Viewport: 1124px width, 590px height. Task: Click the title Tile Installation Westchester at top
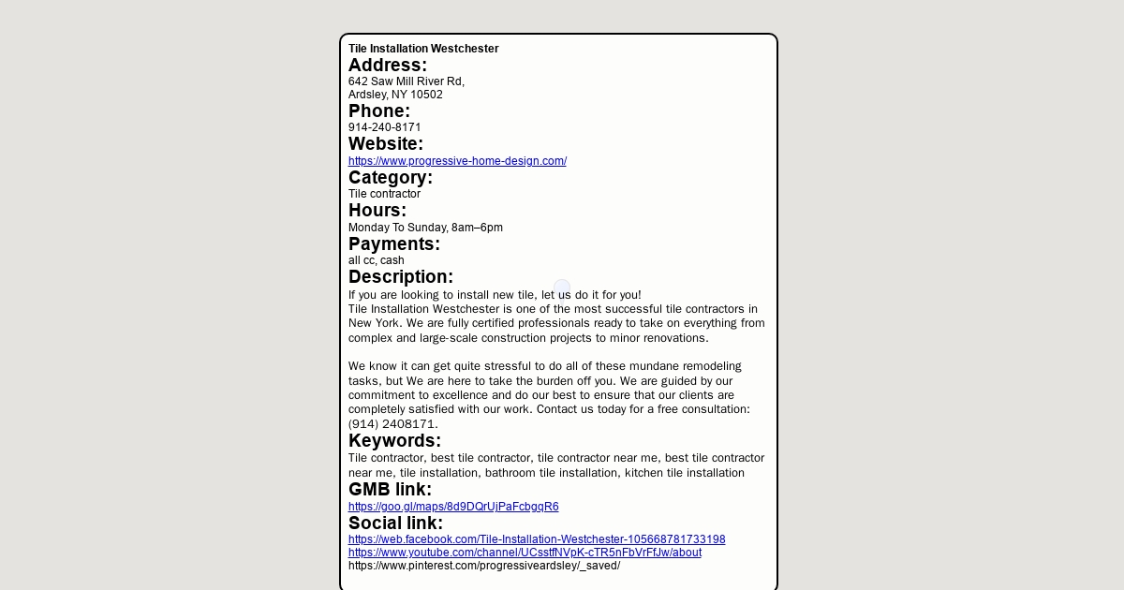click(423, 49)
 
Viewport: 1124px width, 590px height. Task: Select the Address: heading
click(388, 65)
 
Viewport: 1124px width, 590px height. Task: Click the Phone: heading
click(379, 111)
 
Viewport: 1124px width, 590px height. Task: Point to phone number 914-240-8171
click(384, 127)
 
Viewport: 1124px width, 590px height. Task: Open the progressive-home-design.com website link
click(457, 161)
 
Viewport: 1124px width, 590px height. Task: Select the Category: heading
click(391, 178)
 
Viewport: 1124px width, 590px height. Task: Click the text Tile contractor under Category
click(384, 194)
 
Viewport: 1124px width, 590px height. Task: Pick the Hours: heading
click(377, 211)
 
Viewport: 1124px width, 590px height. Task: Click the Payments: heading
click(394, 244)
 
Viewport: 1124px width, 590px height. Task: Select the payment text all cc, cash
click(377, 260)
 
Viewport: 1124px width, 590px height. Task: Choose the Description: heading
click(401, 277)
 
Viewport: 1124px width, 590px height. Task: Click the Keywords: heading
click(394, 441)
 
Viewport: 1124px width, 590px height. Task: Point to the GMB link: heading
click(390, 490)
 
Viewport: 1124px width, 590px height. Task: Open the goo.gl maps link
click(453, 507)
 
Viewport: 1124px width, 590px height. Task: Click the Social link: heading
click(395, 524)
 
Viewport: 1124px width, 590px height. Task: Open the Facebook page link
click(537, 539)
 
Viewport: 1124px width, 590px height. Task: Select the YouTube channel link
click(525, 553)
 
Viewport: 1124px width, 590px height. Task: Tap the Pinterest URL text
click(484, 566)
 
